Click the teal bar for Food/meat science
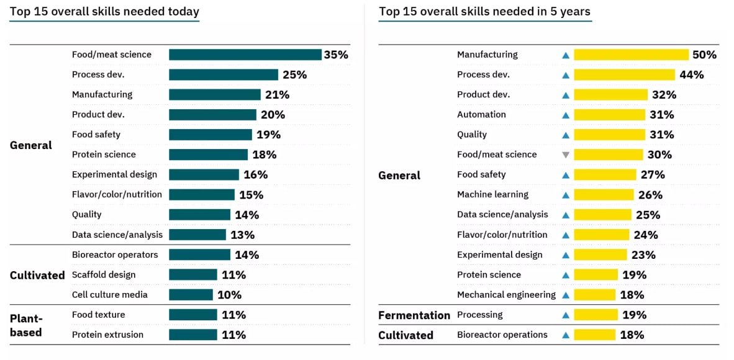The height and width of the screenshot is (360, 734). (245, 55)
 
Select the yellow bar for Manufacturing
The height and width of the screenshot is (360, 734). (631, 55)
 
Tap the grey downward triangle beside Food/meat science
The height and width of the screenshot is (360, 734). (565, 155)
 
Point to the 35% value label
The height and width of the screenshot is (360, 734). (336, 55)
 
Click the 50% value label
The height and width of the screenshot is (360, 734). (704, 55)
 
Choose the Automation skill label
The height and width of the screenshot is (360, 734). (481, 115)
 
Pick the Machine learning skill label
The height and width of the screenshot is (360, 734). (492, 195)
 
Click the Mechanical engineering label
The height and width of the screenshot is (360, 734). (506, 295)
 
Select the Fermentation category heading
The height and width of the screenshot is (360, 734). (414, 315)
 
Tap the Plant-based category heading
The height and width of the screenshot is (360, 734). (25, 325)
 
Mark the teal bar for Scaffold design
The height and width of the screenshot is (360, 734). (193, 275)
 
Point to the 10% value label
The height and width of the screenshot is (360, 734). (229, 295)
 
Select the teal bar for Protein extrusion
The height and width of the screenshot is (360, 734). (193, 335)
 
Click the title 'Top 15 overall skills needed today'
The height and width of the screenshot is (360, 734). (104, 11)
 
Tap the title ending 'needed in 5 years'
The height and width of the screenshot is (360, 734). (484, 11)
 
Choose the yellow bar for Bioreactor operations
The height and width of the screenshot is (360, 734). (594, 335)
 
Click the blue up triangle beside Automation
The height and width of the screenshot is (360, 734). (565, 115)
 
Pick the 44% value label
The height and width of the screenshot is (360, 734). (691, 75)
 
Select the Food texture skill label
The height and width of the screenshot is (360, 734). (99, 315)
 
